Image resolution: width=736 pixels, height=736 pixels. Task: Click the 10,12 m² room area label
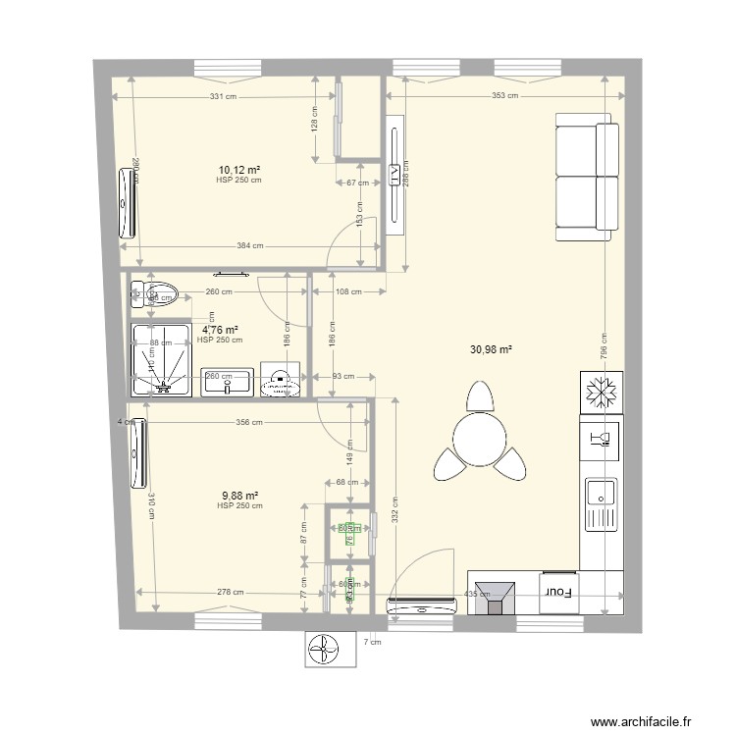click(238, 169)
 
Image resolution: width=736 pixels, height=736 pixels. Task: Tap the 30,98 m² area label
click(494, 348)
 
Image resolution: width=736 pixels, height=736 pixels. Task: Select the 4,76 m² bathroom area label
click(220, 331)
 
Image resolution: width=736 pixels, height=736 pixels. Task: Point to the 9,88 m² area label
click(239, 496)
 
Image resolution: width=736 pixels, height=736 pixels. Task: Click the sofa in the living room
click(587, 177)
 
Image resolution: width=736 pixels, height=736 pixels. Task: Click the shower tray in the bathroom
click(162, 359)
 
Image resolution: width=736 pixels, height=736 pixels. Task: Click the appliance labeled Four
click(558, 592)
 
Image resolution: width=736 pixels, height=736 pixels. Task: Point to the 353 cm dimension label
click(504, 96)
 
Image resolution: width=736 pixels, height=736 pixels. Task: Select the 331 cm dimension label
click(223, 96)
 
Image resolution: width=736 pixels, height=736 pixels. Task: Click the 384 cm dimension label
click(250, 246)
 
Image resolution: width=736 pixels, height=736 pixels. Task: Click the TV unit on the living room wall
click(394, 176)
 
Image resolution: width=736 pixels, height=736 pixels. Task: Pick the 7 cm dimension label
click(372, 642)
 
